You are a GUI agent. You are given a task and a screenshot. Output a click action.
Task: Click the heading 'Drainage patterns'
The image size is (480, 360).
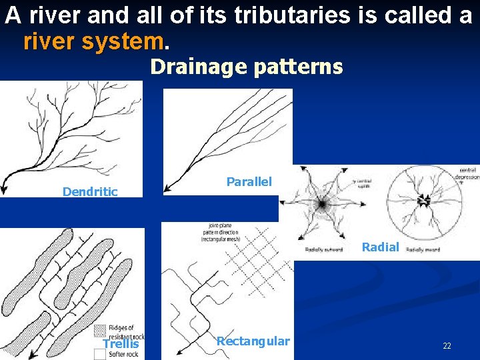coord(246,67)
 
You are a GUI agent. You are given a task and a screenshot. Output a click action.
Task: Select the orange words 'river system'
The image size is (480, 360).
coord(93,43)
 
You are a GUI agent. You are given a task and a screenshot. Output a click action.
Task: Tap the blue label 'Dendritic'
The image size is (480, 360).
coord(90,192)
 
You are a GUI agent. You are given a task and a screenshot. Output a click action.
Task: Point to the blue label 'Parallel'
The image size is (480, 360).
coord(249,181)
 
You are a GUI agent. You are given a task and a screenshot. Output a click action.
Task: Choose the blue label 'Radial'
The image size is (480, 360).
coord(380,247)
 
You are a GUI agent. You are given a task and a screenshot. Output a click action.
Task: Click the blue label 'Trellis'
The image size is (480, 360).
coord(121,344)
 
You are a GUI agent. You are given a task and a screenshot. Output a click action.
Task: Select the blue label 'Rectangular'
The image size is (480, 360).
coord(253,341)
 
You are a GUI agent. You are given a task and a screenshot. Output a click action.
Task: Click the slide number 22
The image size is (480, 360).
coord(447,346)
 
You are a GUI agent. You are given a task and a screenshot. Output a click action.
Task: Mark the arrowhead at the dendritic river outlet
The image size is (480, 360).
coord(5,188)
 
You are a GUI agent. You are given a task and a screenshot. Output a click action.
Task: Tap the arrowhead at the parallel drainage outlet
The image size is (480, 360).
coord(168,188)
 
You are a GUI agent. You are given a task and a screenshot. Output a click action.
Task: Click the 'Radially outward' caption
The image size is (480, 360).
coord(324,249)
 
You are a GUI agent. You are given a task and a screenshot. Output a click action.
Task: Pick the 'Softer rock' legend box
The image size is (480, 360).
coord(99,354)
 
